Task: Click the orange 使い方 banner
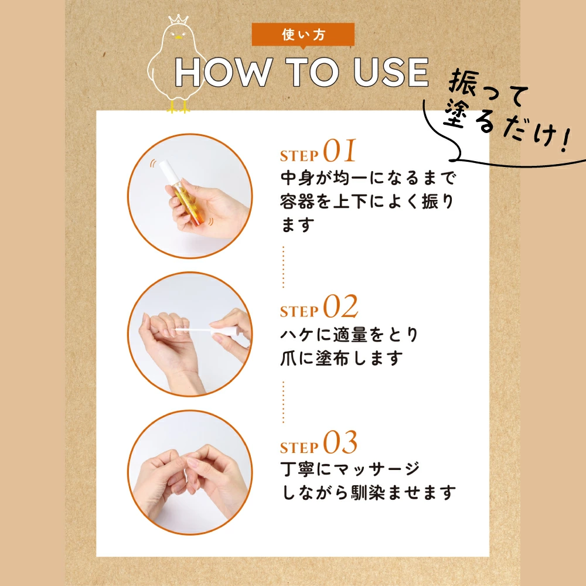tap(303, 35)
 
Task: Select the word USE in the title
tap(390, 71)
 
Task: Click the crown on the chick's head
tap(178, 19)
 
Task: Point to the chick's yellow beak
tap(179, 38)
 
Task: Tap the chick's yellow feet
tap(178, 107)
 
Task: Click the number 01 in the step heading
tap(339, 151)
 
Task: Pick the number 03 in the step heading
tap(340, 442)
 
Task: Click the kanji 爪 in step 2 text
tap(289, 358)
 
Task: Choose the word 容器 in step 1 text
tap(298, 202)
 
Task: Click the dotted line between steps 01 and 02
tap(283, 267)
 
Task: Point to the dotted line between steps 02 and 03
tap(283, 402)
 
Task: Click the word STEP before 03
tap(299, 447)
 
